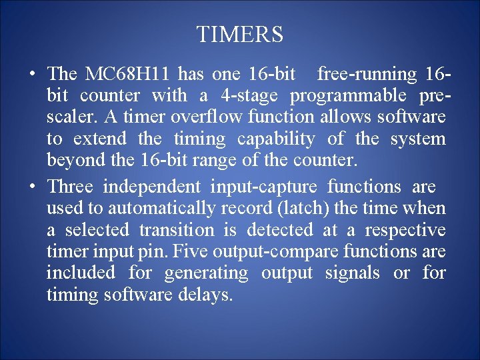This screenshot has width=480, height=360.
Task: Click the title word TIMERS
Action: point(240,35)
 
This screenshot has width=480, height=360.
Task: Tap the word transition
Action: point(177,230)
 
